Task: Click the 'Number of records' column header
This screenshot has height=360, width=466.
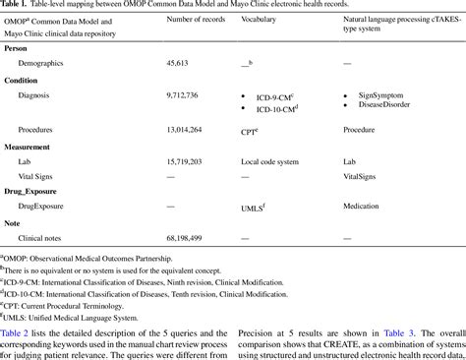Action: [x=195, y=20]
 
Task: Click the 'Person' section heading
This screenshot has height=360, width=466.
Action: [x=17, y=46]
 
